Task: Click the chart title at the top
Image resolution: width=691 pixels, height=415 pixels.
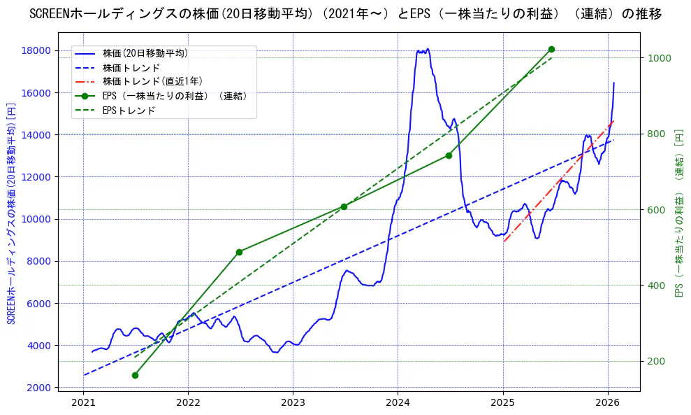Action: (x=345, y=14)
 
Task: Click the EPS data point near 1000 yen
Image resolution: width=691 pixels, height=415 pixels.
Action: (x=551, y=49)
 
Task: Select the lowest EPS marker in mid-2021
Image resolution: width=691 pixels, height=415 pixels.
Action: (x=135, y=375)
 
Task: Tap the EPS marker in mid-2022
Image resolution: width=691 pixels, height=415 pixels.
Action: (x=239, y=252)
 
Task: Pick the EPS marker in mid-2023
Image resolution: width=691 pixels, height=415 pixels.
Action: (x=344, y=206)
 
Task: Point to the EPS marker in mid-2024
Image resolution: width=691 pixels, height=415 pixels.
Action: (x=449, y=155)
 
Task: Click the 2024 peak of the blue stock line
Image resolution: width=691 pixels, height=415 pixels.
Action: (x=423, y=50)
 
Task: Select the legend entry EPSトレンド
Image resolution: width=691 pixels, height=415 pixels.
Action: (x=129, y=111)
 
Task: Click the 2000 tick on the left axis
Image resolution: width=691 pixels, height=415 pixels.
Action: (x=52, y=388)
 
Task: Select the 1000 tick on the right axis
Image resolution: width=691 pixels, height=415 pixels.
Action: (x=660, y=58)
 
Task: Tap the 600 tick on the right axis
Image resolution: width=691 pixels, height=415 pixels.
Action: (x=657, y=210)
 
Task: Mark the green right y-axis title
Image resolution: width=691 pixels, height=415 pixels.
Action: (x=678, y=213)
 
